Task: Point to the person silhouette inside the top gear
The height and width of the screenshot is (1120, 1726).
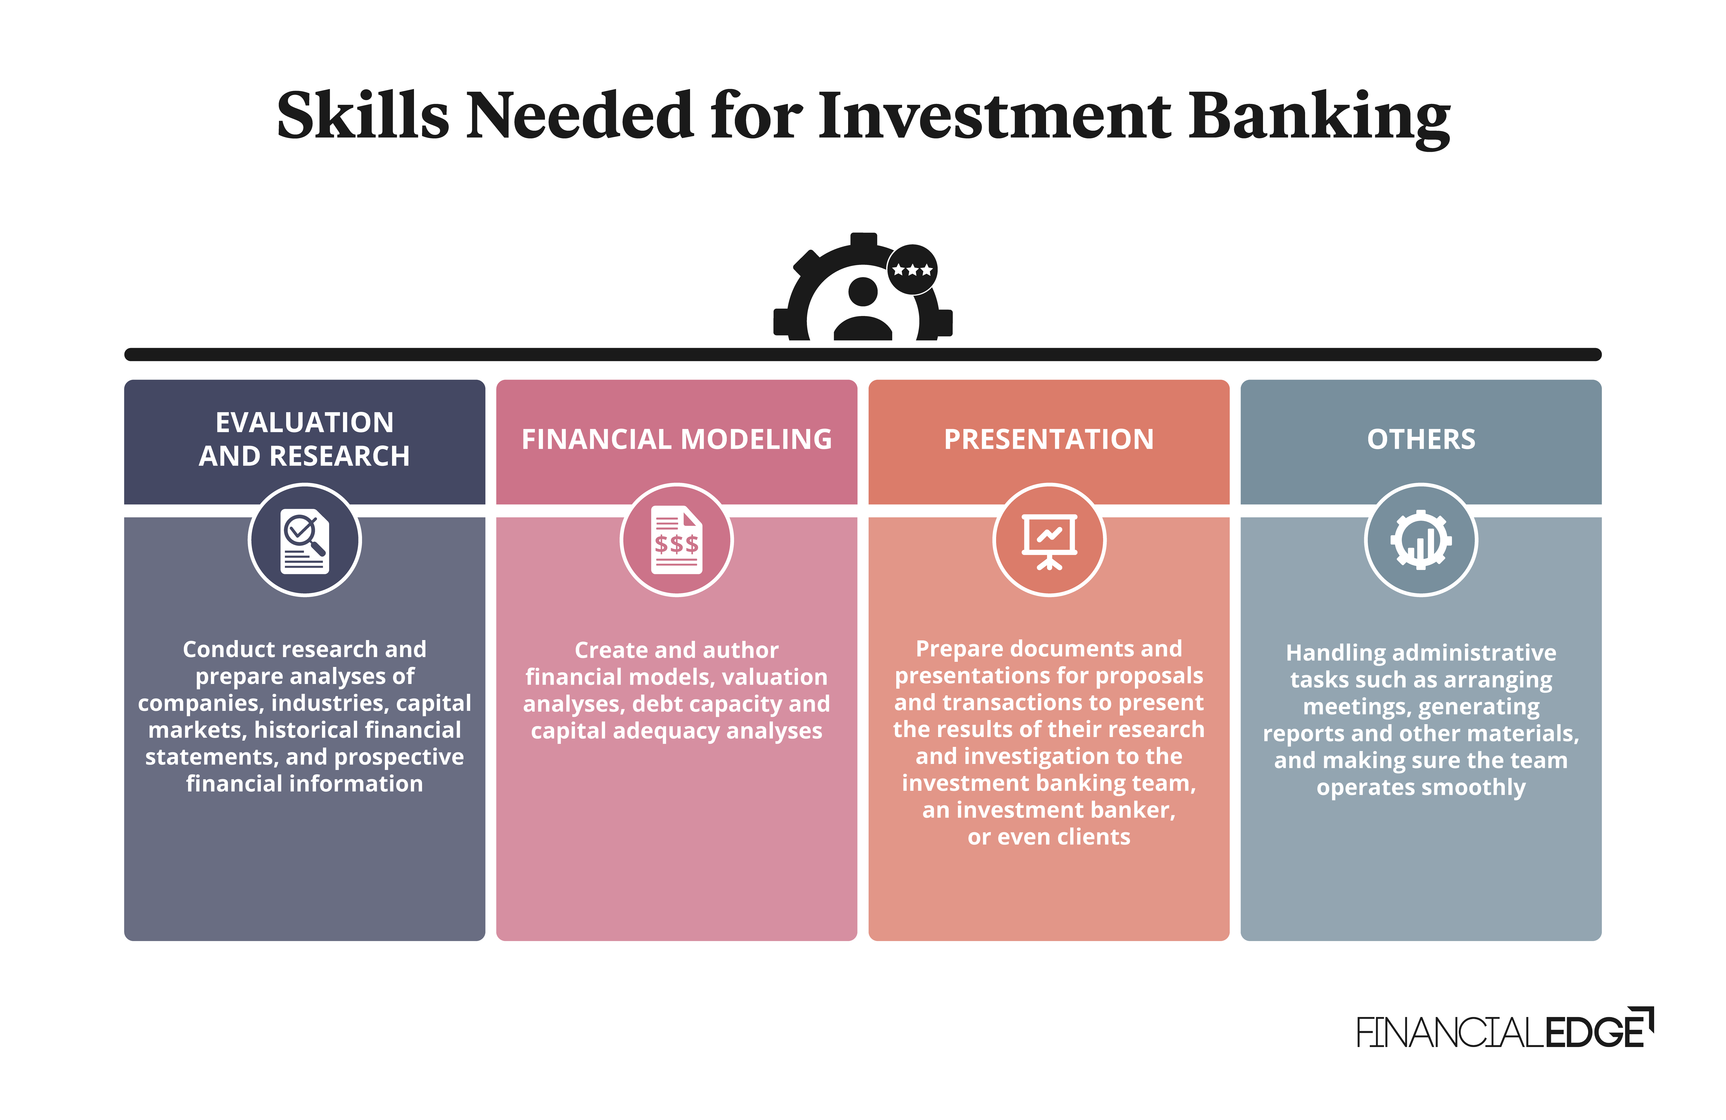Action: coord(863,308)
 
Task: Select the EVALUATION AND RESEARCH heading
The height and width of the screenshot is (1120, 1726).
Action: coord(304,439)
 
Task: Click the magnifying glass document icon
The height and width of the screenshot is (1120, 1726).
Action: coord(304,540)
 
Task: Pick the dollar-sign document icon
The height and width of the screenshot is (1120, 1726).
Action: coord(677,540)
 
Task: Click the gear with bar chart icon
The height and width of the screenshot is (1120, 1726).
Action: coord(1422,540)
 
